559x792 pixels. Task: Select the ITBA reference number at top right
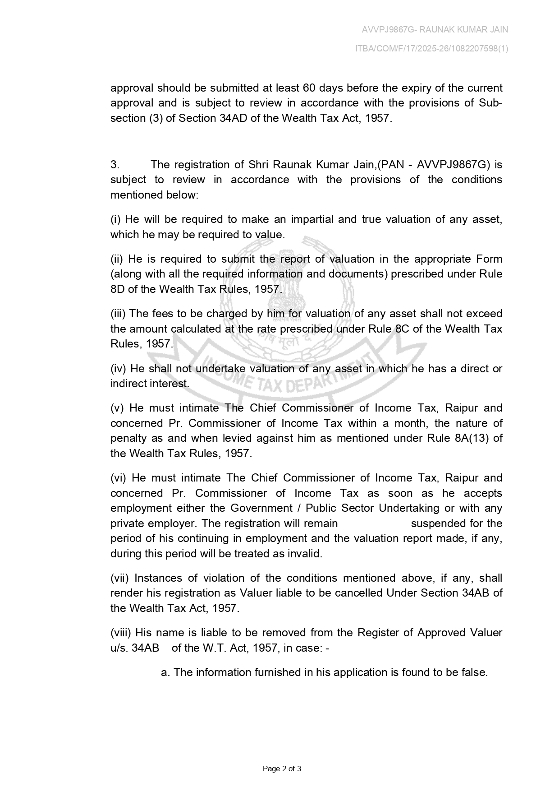coord(431,49)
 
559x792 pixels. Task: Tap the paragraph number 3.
coord(115,164)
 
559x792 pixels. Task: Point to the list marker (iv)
coord(119,369)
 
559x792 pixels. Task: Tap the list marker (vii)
coord(120,578)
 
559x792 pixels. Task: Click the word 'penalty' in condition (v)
coord(128,438)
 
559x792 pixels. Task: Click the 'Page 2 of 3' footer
coord(282,769)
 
